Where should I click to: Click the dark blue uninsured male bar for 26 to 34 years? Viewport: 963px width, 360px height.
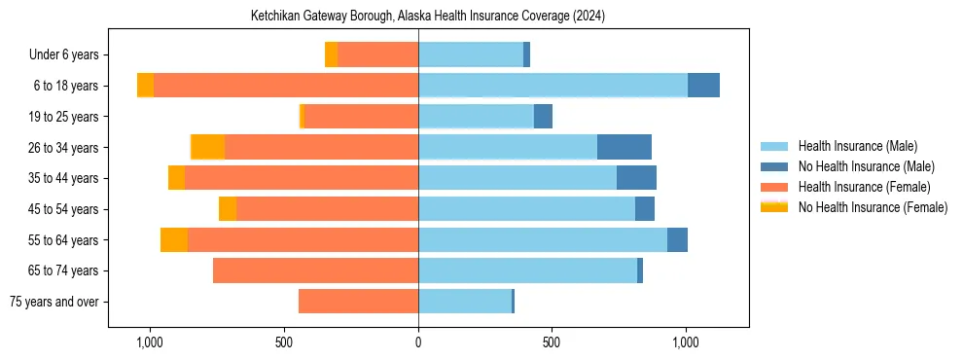[x=624, y=147]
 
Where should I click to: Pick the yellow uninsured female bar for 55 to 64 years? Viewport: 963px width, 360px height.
[x=174, y=239]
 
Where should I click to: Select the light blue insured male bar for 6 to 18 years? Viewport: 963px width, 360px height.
[x=553, y=86]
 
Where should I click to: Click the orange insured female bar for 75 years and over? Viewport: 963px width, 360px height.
[x=358, y=302]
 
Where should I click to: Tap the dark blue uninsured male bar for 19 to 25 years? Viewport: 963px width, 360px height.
[x=544, y=117]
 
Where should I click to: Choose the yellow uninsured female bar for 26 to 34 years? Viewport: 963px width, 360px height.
[x=208, y=147]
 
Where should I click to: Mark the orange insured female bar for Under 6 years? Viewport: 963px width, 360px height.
[x=377, y=54]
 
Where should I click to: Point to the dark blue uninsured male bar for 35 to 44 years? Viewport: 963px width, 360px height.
[x=636, y=178]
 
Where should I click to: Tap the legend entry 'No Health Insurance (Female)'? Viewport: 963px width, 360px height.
[x=873, y=207]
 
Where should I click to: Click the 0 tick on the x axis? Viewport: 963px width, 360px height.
[x=418, y=343]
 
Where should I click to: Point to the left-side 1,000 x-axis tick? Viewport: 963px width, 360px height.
[x=150, y=343]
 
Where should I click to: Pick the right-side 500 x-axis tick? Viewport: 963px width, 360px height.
[x=552, y=343]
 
